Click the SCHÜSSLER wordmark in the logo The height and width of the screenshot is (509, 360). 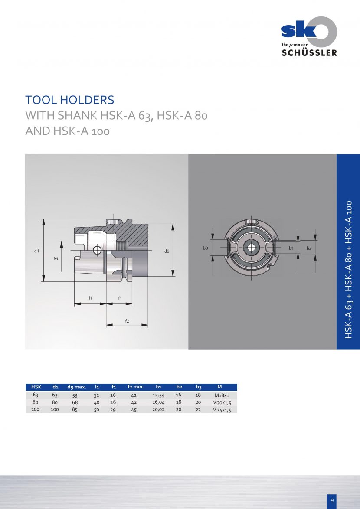(309, 52)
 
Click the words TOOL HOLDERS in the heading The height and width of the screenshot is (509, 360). (70, 100)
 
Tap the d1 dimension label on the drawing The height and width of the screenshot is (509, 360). (37, 251)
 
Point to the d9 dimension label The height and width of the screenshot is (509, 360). (167, 251)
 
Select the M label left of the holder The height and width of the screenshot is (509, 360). (56, 258)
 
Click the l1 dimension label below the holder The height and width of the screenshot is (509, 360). (91, 298)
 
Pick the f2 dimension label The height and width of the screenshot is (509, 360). (127, 321)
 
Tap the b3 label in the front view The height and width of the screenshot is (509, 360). (206, 248)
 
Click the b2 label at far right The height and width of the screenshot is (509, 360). (309, 248)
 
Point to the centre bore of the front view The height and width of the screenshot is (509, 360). (251, 248)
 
